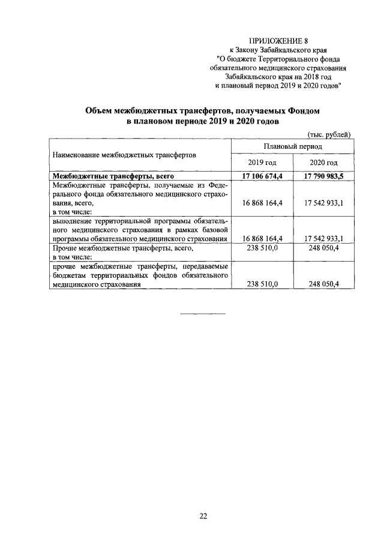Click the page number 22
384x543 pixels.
203,515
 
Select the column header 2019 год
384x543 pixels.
262,163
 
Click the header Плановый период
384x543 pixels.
292,146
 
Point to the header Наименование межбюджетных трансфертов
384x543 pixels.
125,154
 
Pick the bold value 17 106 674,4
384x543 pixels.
262,176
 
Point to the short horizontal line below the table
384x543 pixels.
203,313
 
